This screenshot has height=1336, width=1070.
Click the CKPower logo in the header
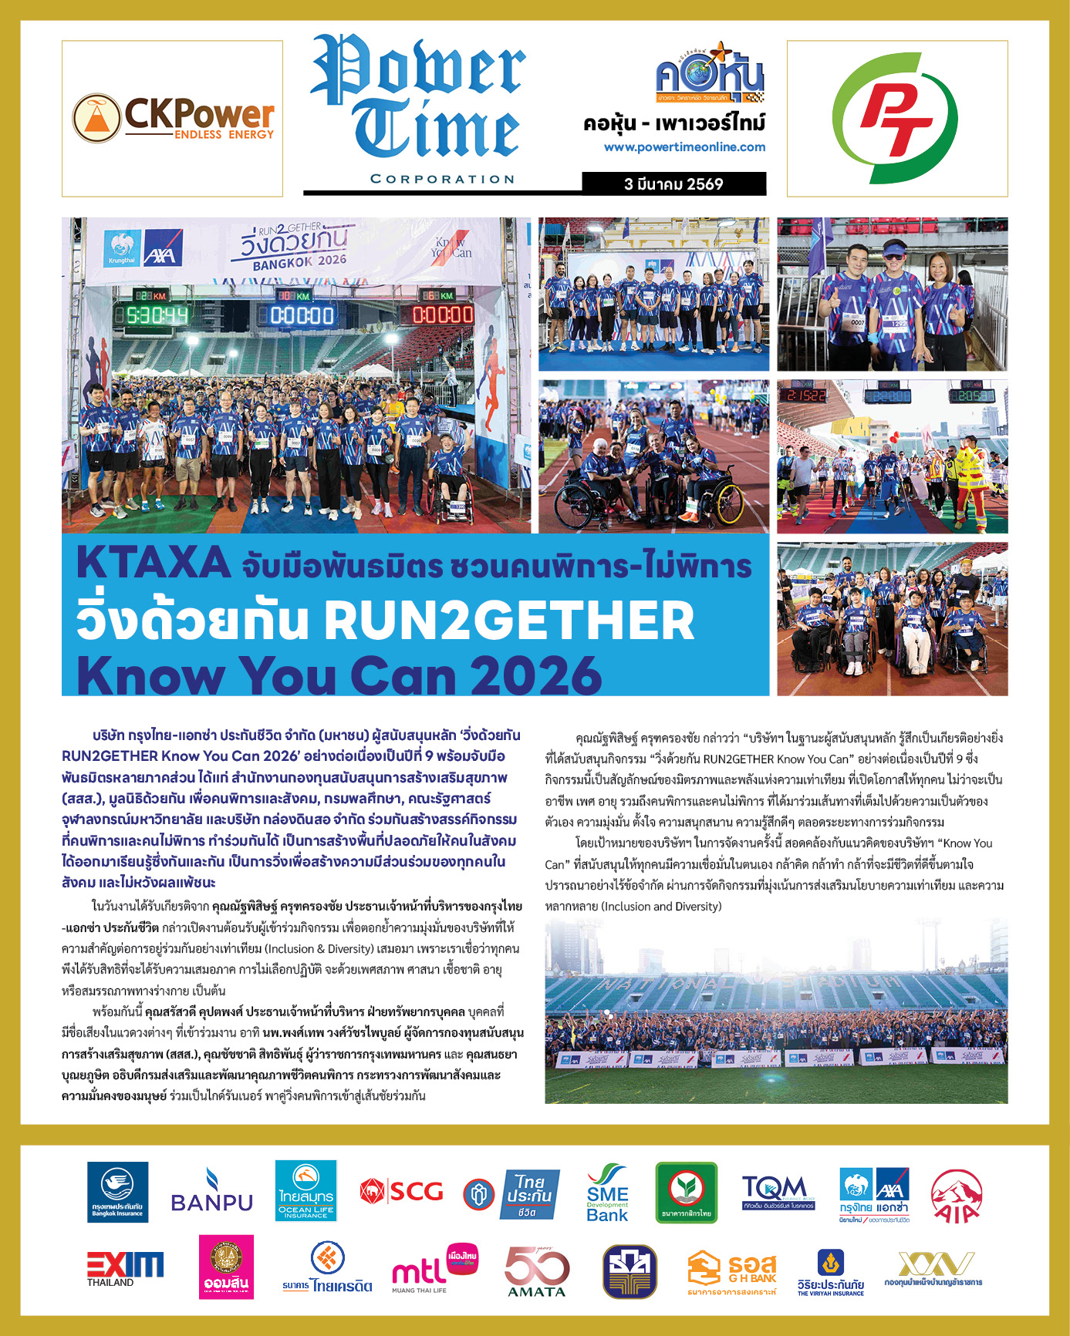click(x=173, y=118)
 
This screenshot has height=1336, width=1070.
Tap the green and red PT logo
click(x=896, y=118)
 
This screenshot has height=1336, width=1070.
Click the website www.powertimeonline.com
click(x=684, y=146)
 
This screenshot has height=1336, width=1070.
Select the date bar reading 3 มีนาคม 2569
click(x=673, y=183)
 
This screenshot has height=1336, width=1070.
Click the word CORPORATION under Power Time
click(x=442, y=179)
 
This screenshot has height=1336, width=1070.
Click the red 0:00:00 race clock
click(x=443, y=315)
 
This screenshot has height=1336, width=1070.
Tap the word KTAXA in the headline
click(x=154, y=563)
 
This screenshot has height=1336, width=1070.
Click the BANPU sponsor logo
click(x=211, y=1192)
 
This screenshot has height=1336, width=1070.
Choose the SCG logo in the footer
click(x=402, y=1192)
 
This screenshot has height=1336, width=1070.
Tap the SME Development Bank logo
click(x=607, y=1193)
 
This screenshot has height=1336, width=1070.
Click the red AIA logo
click(x=956, y=1196)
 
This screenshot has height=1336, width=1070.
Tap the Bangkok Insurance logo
click(x=117, y=1193)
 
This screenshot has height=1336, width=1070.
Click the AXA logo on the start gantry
click(x=162, y=248)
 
